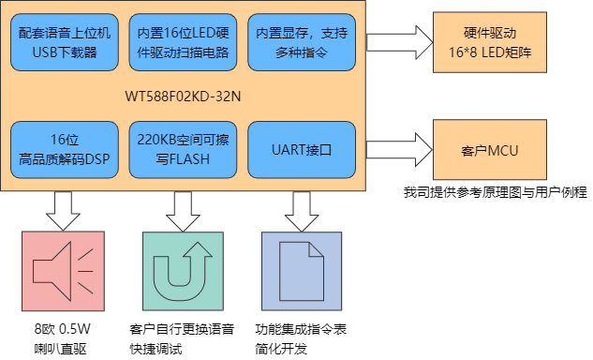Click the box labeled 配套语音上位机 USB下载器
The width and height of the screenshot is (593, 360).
pyautogui.click(x=64, y=42)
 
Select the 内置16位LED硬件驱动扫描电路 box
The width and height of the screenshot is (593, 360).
pyautogui.click(x=184, y=42)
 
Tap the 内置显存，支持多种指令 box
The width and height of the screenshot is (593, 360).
pyautogui.click(x=303, y=42)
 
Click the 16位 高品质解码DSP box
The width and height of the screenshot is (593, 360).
pyautogui.click(x=64, y=150)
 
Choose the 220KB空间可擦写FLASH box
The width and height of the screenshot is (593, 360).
pyautogui.click(x=184, y=150)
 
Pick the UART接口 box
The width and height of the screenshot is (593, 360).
pyautogui.click(x=303, y=150)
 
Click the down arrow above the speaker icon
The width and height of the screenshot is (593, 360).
pyautogui.click(x=64, y=210)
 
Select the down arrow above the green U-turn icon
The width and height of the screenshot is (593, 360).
pyautogui.click(x=184, y=210)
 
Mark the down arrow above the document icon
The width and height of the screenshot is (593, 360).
pyautogui.click(x=303, y=210)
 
